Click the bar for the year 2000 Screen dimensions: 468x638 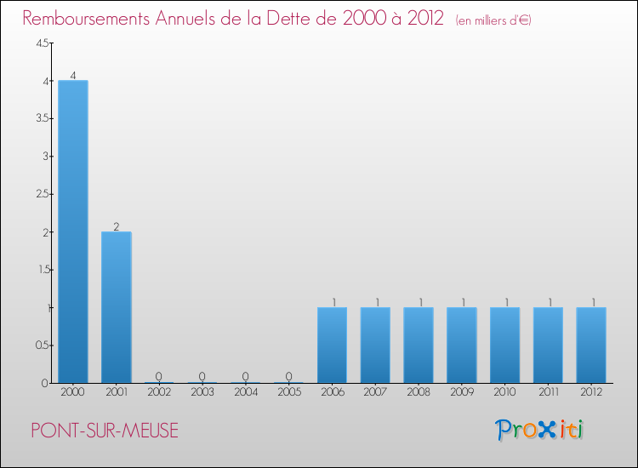click(x=72, y=231)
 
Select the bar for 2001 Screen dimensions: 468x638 click(x=116, y=307)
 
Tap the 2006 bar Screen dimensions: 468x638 click(x=332, y=345)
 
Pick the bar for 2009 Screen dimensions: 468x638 click(x=462, y=345)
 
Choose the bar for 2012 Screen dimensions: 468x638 click(x=591, y=345)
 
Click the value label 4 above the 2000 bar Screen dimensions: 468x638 click(x=73, y=76)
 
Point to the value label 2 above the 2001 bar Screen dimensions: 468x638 click(x=117, y=226)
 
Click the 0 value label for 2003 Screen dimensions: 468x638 click(x=202, y=376)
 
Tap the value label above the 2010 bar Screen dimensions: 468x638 click(x=505, y=302)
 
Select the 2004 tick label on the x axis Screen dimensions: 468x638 click(x=246, y=392)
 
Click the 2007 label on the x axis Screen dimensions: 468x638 click(x=375, y=392)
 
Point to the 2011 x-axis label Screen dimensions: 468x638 click(x=548, y=392)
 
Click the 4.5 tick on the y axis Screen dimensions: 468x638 click(x=42, y=43)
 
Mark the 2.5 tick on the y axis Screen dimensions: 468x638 click(x=42, y=194)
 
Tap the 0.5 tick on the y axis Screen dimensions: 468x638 click(x=42, y=345)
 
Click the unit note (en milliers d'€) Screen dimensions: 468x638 click(x=493, y=20)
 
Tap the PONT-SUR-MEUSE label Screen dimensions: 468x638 click(x=105, y=431)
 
